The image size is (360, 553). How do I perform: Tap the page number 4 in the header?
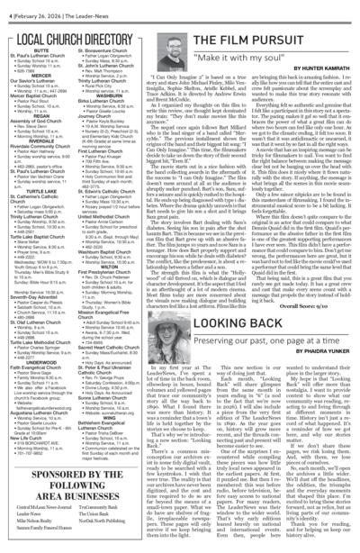(x=6, y=6)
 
